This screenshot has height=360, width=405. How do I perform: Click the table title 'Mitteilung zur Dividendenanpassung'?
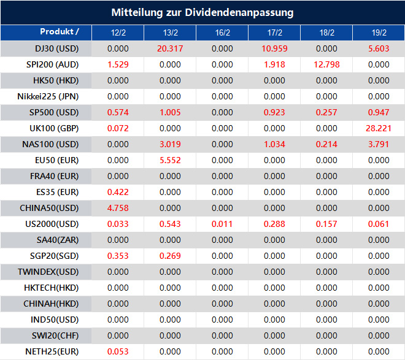click(x=202, y=12)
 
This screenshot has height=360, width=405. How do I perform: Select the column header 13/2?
click(x=170, y=33)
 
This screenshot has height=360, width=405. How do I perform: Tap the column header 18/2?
click(x=326, y=33)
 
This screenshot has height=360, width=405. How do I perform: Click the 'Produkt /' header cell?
click(x=60, y=32)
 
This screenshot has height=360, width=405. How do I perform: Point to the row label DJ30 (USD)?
click(x=56, y=48)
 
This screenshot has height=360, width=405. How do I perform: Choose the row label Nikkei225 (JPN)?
click(x=56, y=96)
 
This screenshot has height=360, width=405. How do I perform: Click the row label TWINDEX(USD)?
click(x=56, y=272)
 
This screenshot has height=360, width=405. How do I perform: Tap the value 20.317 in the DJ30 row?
click(x=170, y=48)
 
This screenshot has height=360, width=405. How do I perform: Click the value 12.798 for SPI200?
click(x=326, y=64)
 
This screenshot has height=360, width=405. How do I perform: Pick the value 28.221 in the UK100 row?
click(x=379, y=128)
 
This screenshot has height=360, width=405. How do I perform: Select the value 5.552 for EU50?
click(x=170, y=160)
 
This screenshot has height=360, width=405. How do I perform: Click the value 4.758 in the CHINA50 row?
click(x=118, y=208)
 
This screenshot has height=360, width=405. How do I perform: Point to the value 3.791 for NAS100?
click(x=379, y=144)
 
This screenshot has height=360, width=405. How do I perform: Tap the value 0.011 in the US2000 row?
click(x=222, y=224)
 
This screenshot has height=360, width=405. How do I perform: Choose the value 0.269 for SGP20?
click(x=170, y=256)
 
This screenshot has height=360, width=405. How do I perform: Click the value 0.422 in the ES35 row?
click(x=118, y=192)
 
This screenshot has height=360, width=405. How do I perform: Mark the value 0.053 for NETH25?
click(x=118, y=351)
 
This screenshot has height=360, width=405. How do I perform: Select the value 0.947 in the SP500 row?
click(x=379, y=112)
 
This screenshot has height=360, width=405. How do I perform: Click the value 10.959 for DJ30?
click(x=274, y=48)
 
